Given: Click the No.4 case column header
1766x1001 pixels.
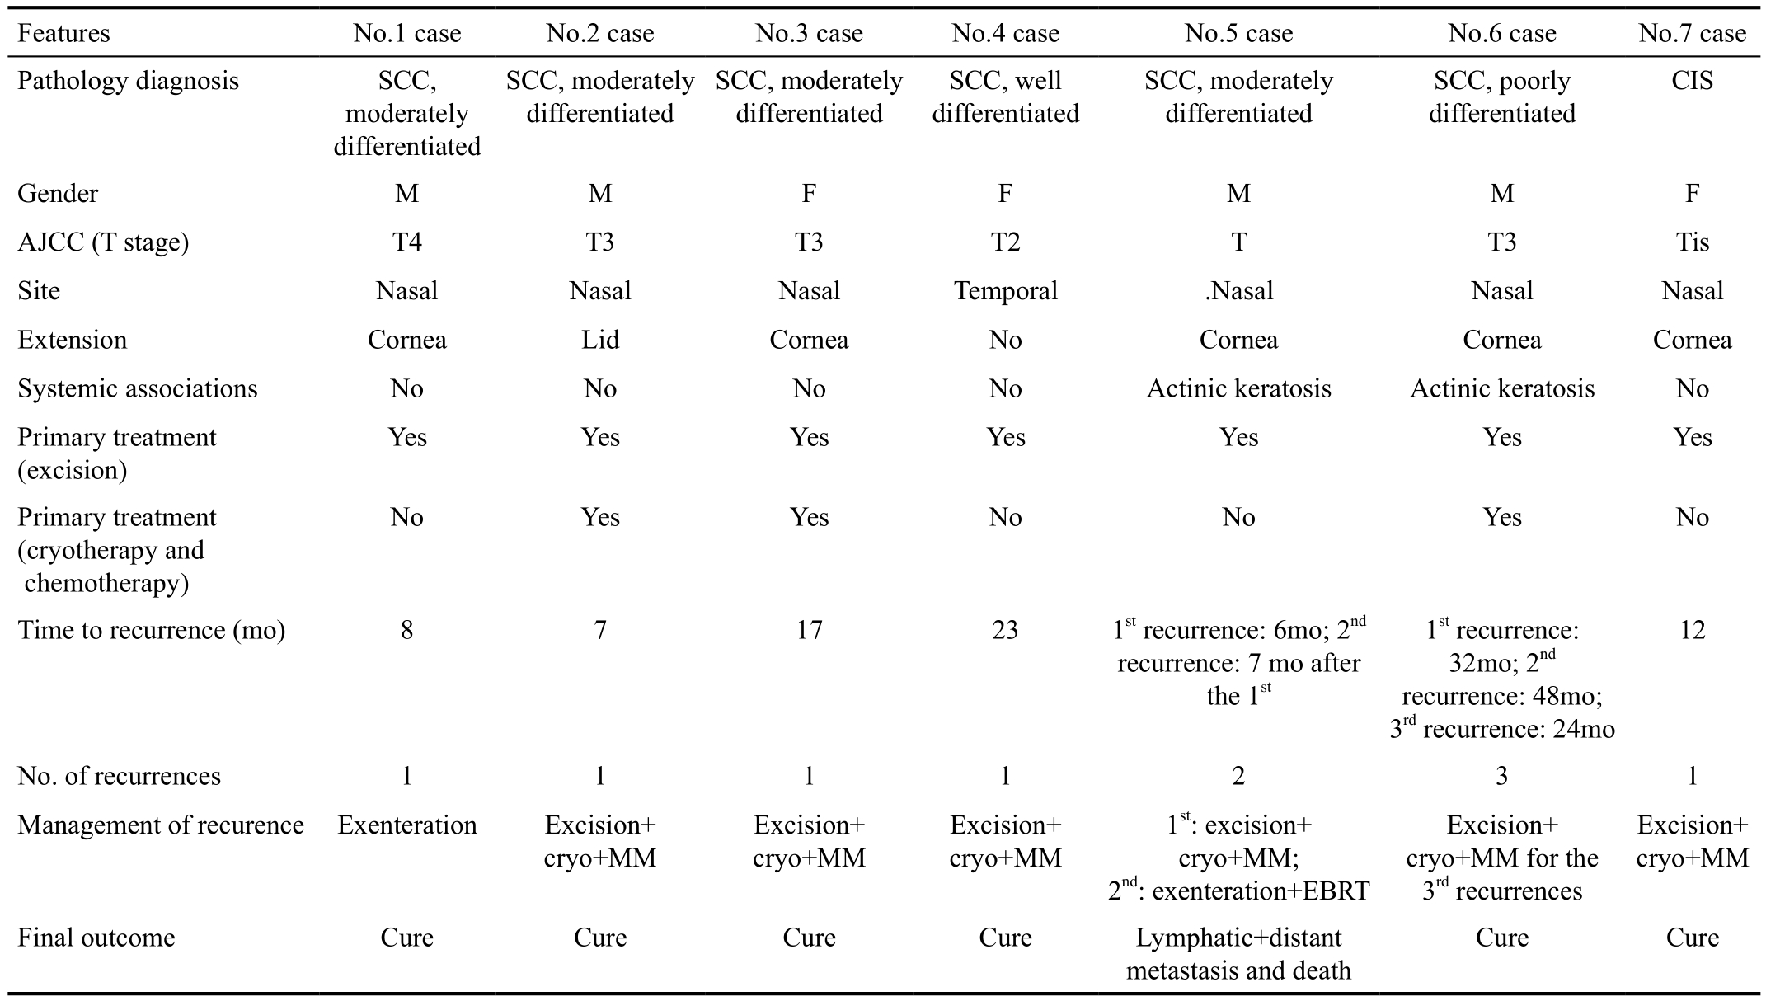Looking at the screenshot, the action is (x=1005, y=33).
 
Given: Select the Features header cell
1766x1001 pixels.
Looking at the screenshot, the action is (x=63, y=33).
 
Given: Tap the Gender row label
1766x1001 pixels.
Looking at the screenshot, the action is (x=58, y=193).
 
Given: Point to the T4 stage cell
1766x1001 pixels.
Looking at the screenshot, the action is (x=406, y=242).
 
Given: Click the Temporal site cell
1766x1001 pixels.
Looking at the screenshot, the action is (x=1005, y=291).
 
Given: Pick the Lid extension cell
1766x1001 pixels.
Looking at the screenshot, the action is (x=599, y=340).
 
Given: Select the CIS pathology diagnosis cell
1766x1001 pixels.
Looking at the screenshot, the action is (x=1692, y=81).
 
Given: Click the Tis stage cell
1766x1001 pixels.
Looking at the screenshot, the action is (x=1692, y=242).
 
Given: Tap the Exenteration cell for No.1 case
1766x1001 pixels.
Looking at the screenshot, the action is (x=406, y=825).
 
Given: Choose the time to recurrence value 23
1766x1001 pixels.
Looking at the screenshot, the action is (x=1005, y=631).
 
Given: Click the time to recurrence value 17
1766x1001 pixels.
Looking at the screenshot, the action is (x=809, y=631).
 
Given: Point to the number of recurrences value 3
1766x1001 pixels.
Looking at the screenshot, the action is (x=1501, y=777).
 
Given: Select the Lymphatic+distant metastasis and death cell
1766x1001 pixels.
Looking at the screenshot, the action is (x=1238, y=954).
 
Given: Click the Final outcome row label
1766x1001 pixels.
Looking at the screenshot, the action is (x=96, y=938).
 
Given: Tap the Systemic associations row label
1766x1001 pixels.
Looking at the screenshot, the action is (x=138, y=388).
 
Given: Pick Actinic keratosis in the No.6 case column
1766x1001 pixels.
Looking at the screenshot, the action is (x=1501, y=388).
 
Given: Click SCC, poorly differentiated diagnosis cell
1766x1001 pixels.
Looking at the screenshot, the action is (x=1501, y=97).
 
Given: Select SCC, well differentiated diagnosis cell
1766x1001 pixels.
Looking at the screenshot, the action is (x=1005, y=97).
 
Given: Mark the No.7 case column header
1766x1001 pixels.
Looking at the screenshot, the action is (x=1692, y=33).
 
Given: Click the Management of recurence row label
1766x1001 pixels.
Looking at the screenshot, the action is (x=161, y=825).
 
